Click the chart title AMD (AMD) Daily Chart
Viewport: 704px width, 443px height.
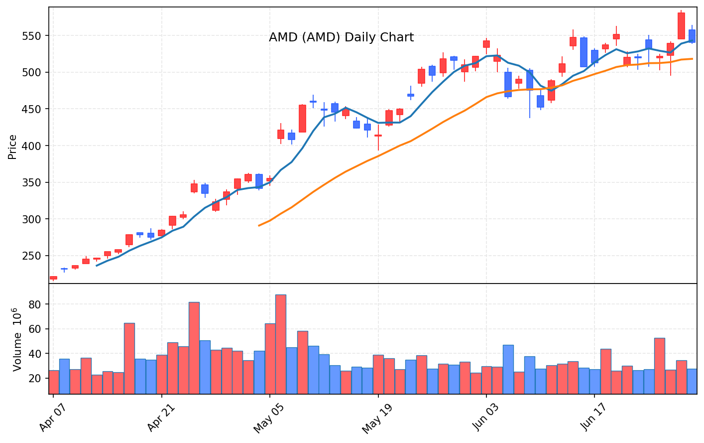(x=342, y=37)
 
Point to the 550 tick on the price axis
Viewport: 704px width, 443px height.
(x=31, y=36)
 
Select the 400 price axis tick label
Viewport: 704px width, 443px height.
(x=31, y=146)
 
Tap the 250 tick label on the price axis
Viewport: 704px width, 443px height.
(x=31, y=256)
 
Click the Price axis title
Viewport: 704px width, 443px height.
(x=12, y=147)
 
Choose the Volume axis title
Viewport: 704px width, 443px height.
(x=17, y=340)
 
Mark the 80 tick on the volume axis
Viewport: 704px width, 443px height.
(x=35, y=304)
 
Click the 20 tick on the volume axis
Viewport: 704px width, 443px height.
(x=35, y=379)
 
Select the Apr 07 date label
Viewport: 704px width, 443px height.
(x=53, y=417)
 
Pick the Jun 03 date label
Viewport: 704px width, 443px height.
(x=485, y=418)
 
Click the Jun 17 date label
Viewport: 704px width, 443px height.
(x=593, y=417)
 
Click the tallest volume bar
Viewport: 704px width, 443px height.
(x=281, y=344)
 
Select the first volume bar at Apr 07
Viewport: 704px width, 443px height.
(x=54, y=382)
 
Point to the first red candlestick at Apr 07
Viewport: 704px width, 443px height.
(x=53, y=278)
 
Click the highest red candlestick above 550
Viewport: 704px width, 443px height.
(x=681, y=26)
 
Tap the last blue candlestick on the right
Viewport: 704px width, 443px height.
(x=692, y=36)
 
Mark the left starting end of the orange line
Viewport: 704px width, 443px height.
(x=258, y=226)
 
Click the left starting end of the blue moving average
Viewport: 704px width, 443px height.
(x=97, y=266)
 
